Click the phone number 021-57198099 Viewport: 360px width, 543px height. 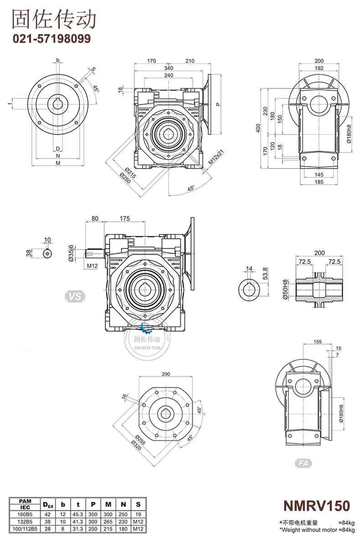point(51,39)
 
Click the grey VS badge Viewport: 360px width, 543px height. point(76,297)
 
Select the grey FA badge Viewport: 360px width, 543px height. point(303,464)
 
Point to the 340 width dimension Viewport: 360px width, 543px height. point(168,68)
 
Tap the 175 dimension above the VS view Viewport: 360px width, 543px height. point(125,219)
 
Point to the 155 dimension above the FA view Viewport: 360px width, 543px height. point(318,342)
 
